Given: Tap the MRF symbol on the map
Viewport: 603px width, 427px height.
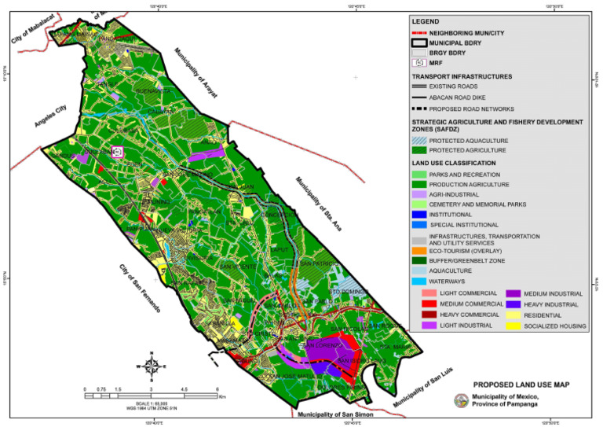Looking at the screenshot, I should pyautogui.click(x=118, y=152).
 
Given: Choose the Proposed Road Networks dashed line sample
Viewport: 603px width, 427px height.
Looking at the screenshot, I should pyautogui.click(x=424, y=108).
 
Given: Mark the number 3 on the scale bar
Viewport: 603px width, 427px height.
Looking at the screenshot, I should pyautogui.click(x=150, y=389).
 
